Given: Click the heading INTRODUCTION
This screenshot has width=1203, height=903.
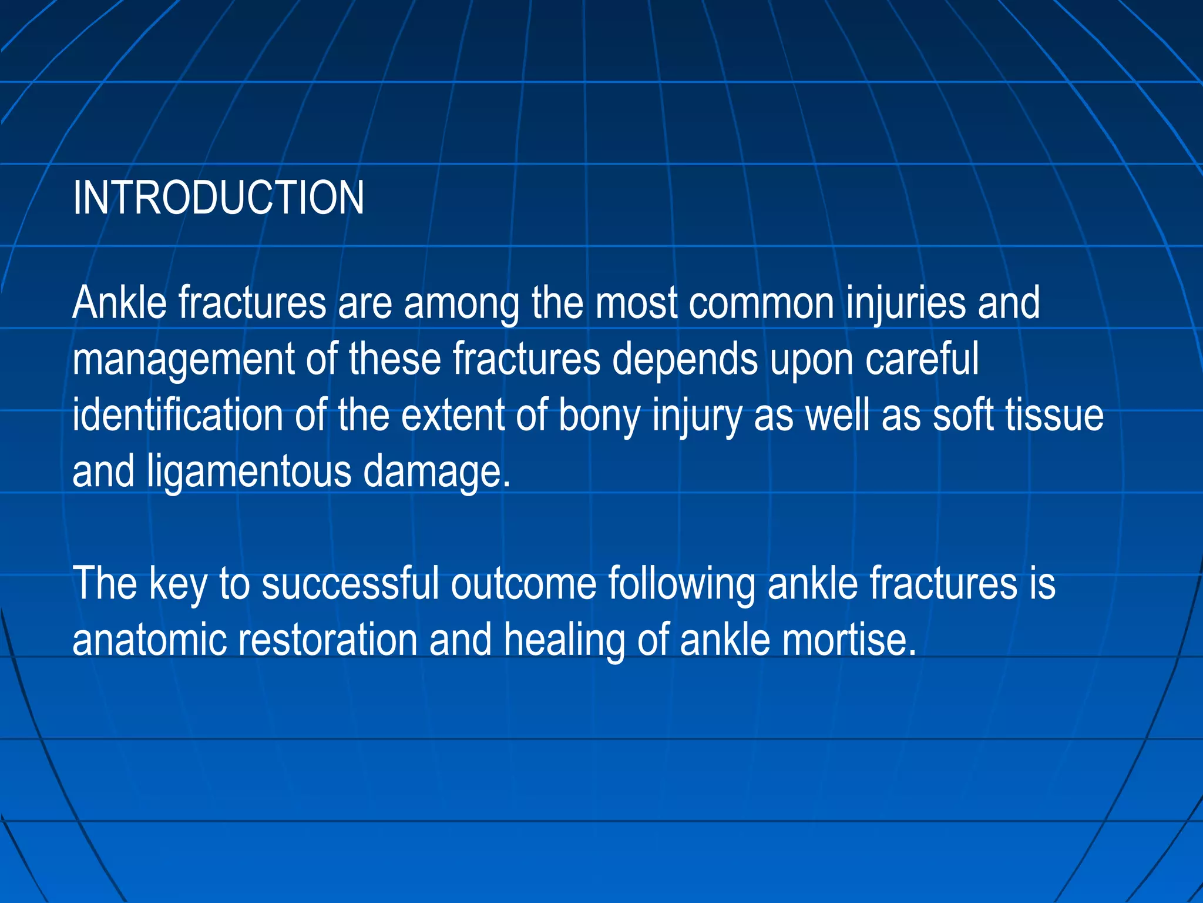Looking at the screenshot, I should pyautogui.click(x=218, y=198).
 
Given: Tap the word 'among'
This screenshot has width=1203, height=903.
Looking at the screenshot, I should pyautogui.click(x=461, y=304).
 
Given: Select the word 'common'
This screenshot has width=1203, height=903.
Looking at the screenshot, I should pyautogui.click(x=761, y=304).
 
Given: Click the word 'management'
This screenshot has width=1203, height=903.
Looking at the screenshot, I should pyautogui.click(x=183, y=360).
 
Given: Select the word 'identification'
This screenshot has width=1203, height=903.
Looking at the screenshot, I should pyautogui.click(x=177, y=416).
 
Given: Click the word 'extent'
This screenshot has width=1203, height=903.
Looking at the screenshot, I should pyautogui.click(x=452, y=416).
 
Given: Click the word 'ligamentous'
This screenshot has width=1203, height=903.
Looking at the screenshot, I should pyautogui.click(x=249, y=471).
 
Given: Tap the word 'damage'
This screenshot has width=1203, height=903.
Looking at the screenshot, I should pyautogui.click(x=436, y=471).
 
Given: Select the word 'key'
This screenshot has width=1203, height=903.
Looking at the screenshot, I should pyautogui.click(x=177, y=584).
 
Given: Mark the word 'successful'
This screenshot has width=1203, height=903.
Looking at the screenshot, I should pyautogui.click(x=350, y=584).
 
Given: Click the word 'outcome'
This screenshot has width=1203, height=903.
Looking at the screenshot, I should pyautogui.click(x=523, y=584).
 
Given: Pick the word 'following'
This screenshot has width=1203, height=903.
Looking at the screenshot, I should pyautogui.click(x=681, y=584).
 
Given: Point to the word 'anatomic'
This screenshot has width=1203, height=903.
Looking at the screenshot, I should pyautogui.click(x=149, y=640).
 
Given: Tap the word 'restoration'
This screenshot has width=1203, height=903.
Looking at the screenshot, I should pyautogui.click(x=327, y=640).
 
